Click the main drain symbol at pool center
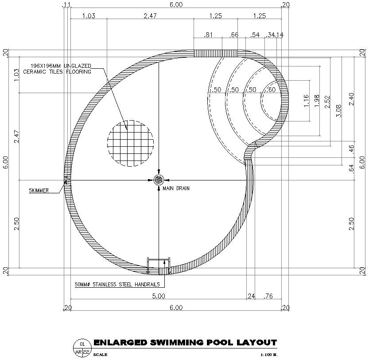159,180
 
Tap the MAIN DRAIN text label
176,188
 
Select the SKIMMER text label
39,191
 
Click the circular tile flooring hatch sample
130,142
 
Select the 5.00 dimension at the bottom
159,296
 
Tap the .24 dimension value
251,296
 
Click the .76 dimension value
268,296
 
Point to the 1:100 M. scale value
269,355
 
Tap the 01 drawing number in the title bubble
82,344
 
